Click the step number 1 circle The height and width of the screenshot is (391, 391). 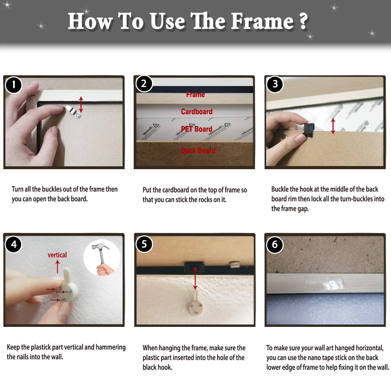point(14,85)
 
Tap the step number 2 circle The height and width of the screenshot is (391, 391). point(144,84)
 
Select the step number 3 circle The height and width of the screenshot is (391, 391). point(275,84)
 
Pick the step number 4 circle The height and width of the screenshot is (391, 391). point(14,244)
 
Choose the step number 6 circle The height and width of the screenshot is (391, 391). point(275,245)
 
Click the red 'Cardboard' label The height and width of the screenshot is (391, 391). point(197,112)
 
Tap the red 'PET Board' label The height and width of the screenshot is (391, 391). point(197,129)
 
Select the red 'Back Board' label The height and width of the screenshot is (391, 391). point(198,150)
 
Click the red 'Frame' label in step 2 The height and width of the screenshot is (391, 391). point(195,94)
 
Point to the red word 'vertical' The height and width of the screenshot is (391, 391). point(57,255)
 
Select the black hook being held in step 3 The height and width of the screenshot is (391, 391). point(309,129)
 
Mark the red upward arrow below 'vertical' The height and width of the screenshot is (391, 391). point(58,267)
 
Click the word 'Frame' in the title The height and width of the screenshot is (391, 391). point(262,21)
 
